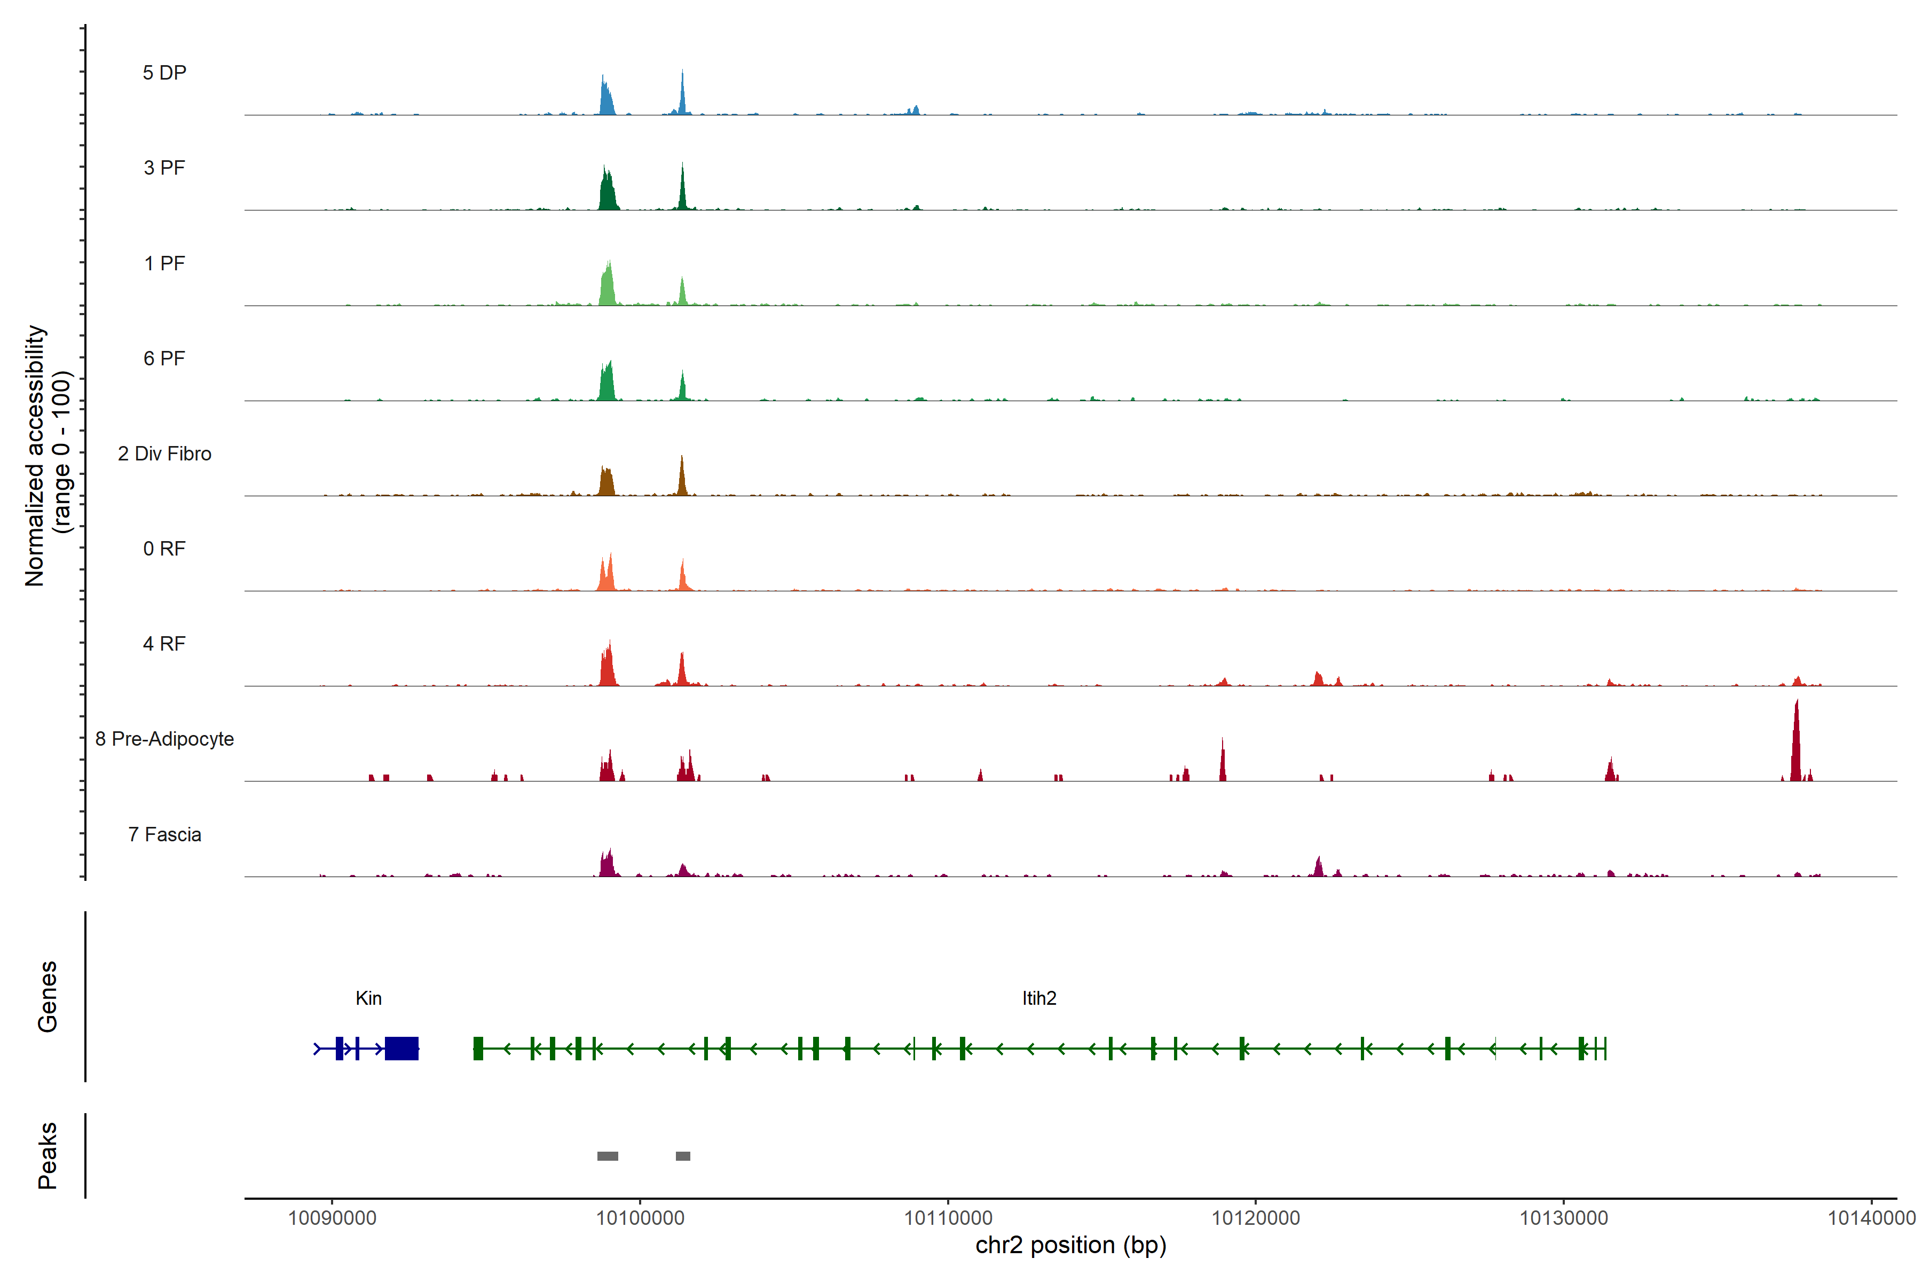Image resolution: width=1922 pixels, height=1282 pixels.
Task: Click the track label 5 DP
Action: tap(164, 73)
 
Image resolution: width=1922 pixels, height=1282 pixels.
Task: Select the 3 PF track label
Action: tap(164, 168)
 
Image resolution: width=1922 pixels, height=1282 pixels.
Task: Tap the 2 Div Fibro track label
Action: tap(164, 454)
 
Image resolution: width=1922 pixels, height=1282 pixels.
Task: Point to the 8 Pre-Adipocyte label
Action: tap(164, 739)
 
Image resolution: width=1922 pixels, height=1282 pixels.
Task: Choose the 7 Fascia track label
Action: tap(164, 835)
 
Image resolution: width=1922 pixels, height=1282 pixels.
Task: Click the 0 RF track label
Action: tap(164, 549)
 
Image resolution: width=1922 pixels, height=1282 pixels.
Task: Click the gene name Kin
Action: tap(368, 998)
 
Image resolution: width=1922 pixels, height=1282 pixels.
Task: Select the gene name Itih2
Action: tap(1038, 998)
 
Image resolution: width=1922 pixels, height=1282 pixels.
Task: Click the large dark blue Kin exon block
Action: tap(401, 1048)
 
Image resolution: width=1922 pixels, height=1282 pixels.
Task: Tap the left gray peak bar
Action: tap(607, 1156)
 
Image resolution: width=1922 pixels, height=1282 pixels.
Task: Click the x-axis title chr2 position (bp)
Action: tap(1070, 1245)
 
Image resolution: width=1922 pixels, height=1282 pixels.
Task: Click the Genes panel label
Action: tap(48, 997)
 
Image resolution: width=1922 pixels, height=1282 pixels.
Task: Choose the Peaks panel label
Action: tap(48, 1155)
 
